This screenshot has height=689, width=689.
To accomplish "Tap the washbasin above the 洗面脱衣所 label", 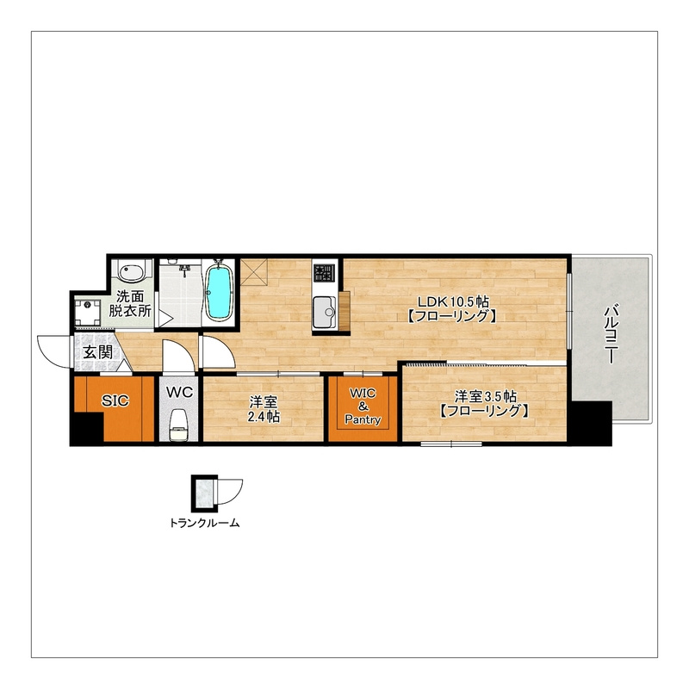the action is [131, 272].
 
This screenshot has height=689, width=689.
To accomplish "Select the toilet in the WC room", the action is [178, 425].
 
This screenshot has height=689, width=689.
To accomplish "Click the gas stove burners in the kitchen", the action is [324, 272].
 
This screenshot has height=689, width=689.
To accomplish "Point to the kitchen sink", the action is [325, 313].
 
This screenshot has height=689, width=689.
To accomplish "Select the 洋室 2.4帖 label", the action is [264, 408].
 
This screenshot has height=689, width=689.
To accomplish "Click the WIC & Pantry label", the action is [363, 407].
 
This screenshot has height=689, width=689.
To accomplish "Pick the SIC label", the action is [115, 400].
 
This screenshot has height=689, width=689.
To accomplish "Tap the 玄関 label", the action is [98, 352].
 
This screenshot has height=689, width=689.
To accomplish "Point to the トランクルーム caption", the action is [205, 523].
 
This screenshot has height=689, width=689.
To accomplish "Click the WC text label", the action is [179, 392].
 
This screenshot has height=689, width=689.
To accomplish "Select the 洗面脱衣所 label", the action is [130, 303].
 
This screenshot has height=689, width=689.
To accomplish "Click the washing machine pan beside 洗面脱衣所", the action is [88, 313].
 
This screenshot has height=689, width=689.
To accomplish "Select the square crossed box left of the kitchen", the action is [253, 272].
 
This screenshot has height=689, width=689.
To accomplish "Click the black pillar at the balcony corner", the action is [591, 423].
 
